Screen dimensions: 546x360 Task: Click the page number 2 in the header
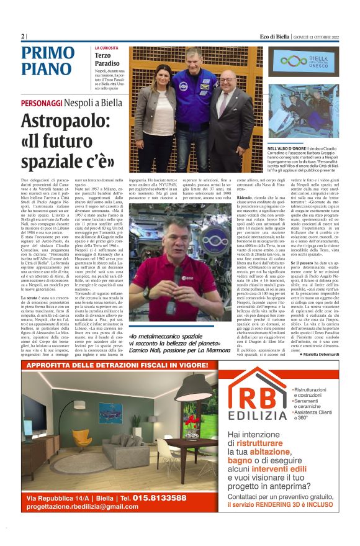(x=23, y=37)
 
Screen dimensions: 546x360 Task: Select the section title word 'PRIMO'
(x=48, y=53)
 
